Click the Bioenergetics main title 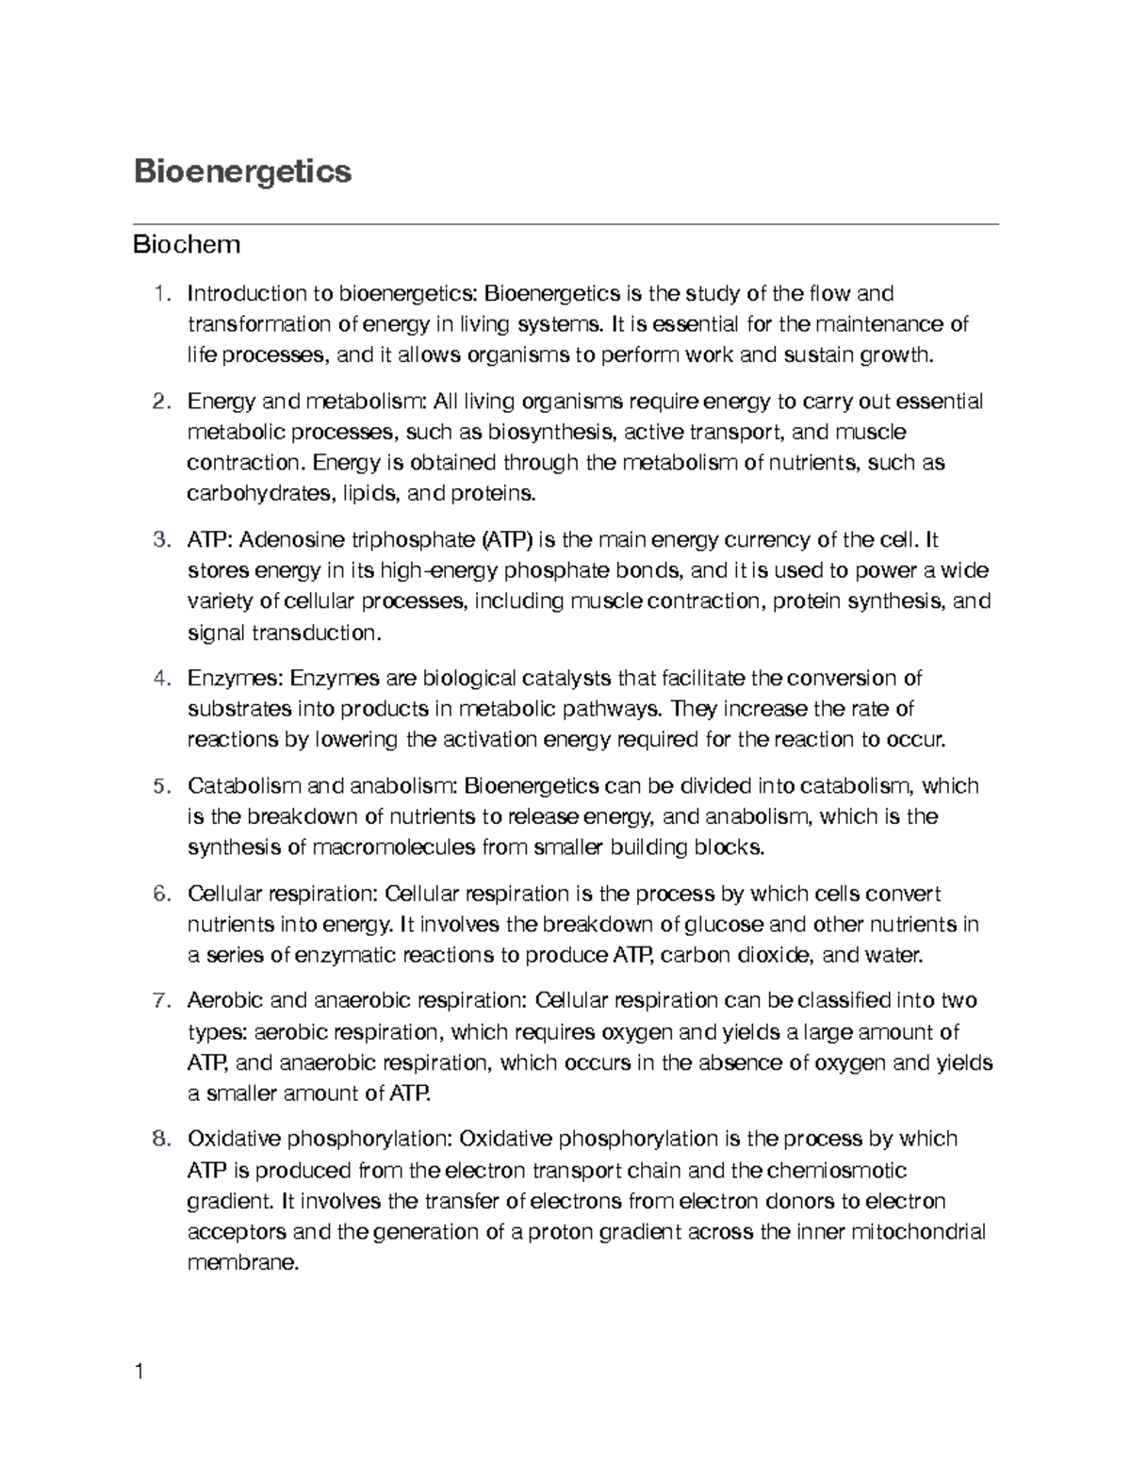point(242,172)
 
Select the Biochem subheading point(187,245)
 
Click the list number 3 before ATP point(159,540)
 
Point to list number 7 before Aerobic point(159,1000)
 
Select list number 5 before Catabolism point(159,786)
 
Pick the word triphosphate point(413,541)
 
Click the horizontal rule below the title point(565,224)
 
